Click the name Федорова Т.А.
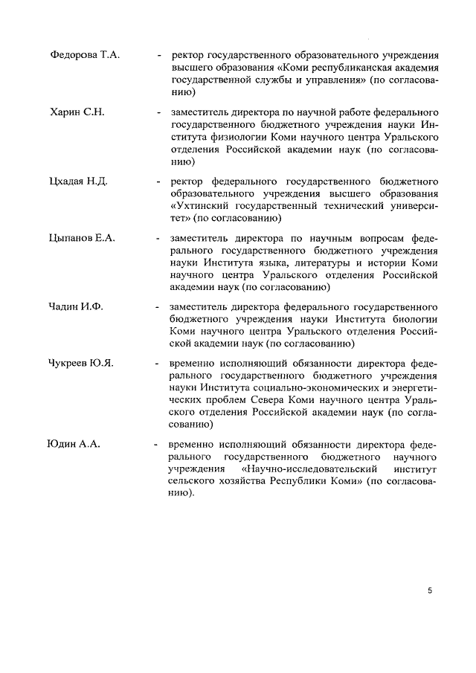coord(85,55)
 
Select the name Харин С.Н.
coord(77,112)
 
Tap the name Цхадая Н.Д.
coord(79,181)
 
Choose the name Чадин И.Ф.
coord(77,306)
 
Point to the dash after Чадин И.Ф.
coord(158,306)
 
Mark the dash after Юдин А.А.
coord(155,445)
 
